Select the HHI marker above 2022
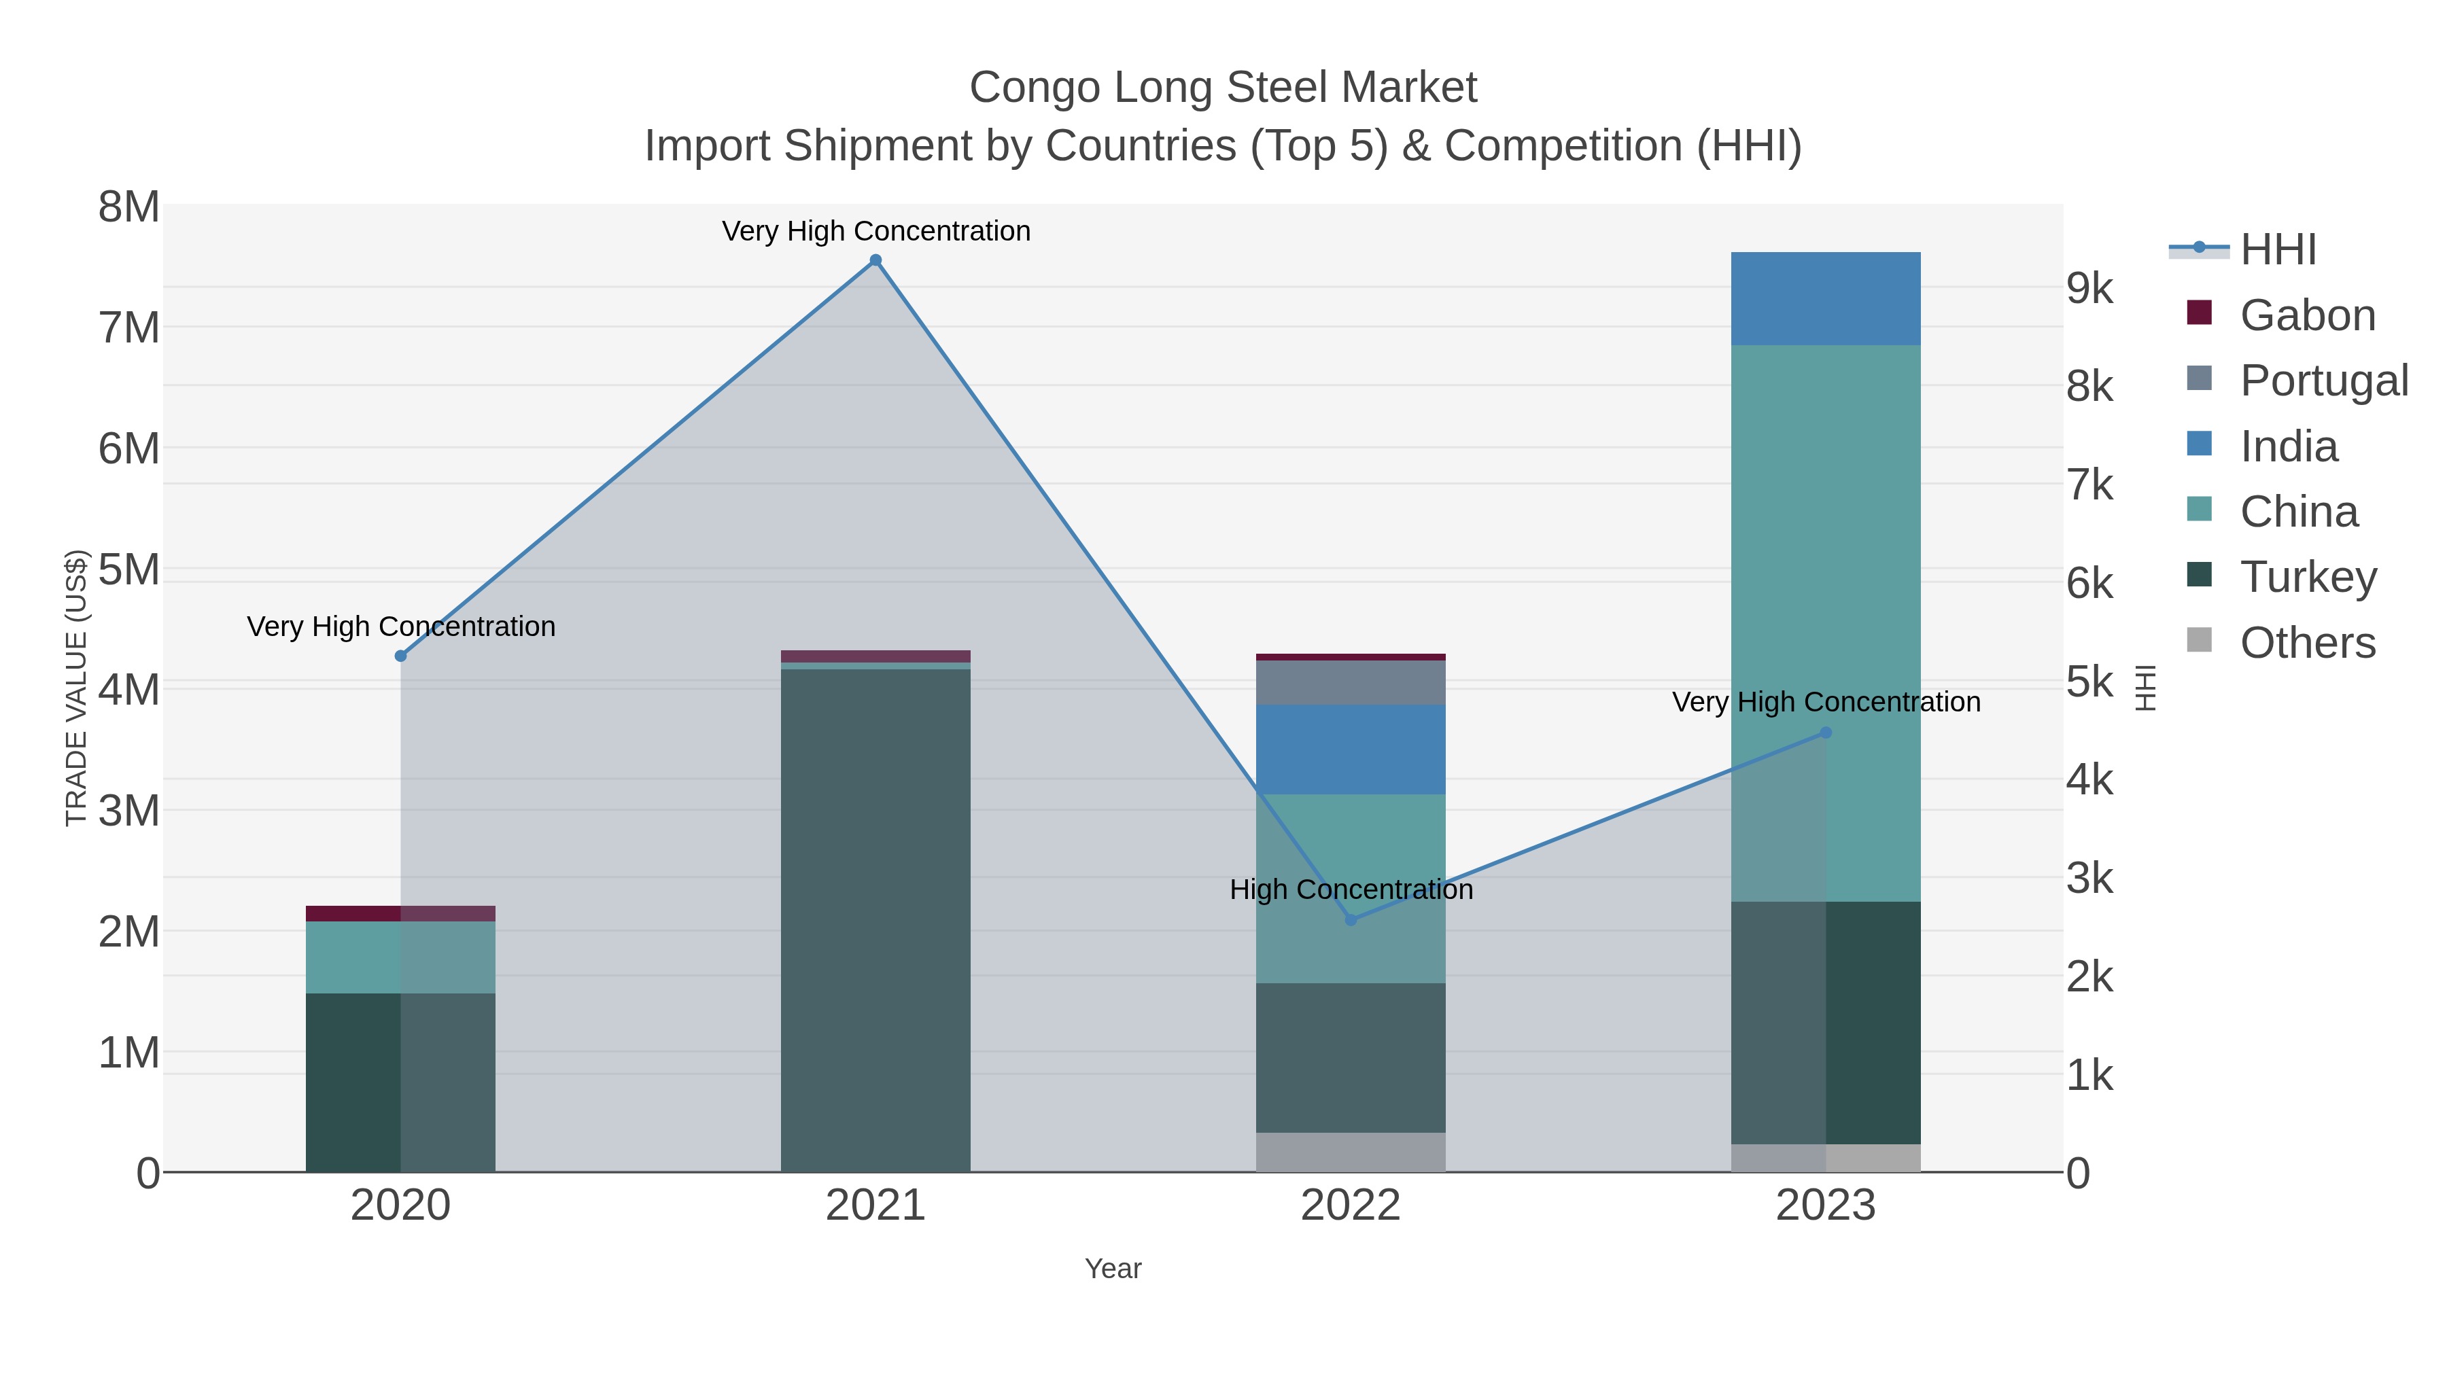pyautogui.click(x=1351, y=919)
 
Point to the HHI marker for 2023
pyautogui.click(x=1825, y=732)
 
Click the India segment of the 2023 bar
pyautogui.click(x=1825, y=298)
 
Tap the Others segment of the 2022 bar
pyautogui.click(x=1350, y=1151)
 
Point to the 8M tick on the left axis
pyautogui.click(x=129, y=207)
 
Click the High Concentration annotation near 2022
pyautogui.click(x=1351, y=889)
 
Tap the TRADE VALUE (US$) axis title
pyautogui.click(x=76, y=688)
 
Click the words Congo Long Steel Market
pyautogui.click(x=1223, y=88)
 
